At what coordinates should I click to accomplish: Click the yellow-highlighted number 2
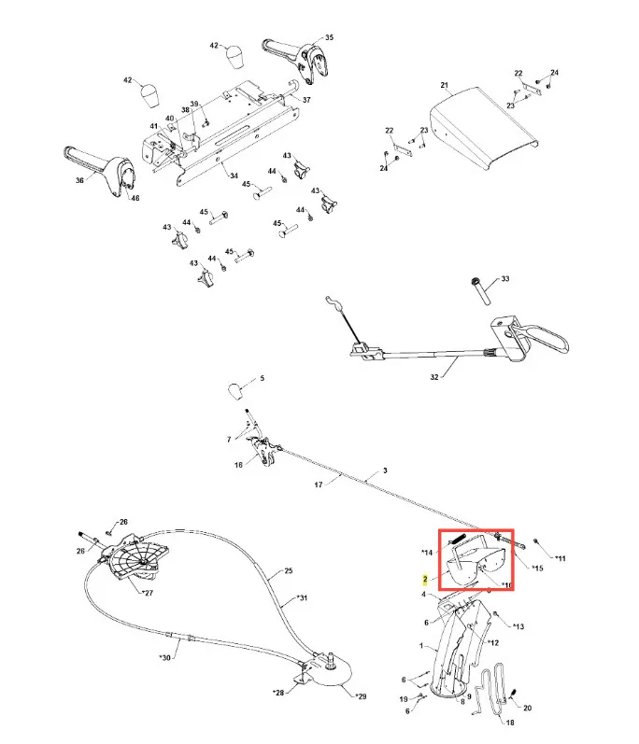[425, 580]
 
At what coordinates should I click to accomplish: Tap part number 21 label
[444, 85]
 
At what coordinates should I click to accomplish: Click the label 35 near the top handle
[329, 37]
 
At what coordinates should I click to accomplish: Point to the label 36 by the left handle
[79, 180]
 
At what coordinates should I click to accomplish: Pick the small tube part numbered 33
[481, 291]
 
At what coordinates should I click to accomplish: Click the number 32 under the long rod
[433, 377]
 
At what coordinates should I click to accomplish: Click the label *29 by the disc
[361, 696]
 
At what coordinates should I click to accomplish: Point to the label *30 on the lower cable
[164, 657]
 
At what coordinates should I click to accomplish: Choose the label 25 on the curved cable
[289, 570]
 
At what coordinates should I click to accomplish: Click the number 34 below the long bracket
[234, 175]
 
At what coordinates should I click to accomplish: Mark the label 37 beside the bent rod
[306, 100]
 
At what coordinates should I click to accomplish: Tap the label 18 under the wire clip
[510, 723]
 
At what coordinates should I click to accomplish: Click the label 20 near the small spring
[527, 708]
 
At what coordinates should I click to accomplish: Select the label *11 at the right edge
[561, 558]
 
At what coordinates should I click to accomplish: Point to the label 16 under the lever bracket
[238, 465]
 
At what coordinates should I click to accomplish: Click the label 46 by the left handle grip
[135, 198]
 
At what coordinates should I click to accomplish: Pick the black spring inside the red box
[459, 540]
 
